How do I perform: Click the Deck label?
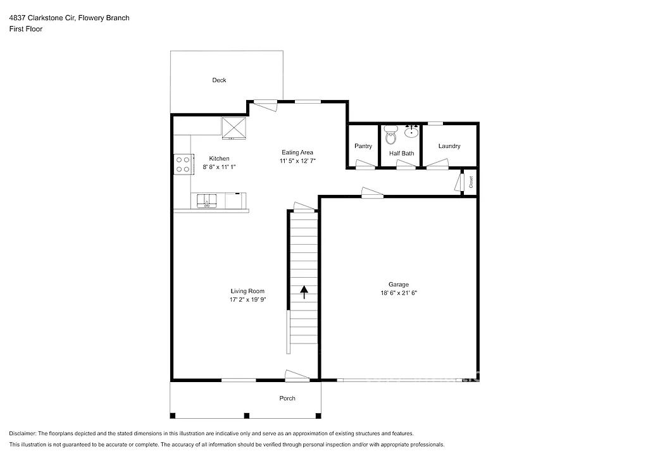[x=219, y=80]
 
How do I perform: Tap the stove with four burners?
[x=183, y=164]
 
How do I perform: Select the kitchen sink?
[x=207, y=202]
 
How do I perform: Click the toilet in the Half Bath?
[x=390, y=133]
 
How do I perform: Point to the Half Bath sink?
[x=411, y=131]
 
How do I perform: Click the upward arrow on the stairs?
[x=304, y=292]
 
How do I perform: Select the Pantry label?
[x=363, y=146]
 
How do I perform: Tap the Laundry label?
[x=449, y=146]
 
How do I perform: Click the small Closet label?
[x=471, y=182]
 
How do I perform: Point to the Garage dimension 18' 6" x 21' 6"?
[x=399, y=293]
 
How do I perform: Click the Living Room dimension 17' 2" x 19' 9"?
[x=247, y=300]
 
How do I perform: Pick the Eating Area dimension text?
[x=297, y=161]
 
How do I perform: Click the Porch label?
[x=287, y=398]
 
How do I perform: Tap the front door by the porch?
[x=297, y=376]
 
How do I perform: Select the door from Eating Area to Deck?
[x=265, y=104]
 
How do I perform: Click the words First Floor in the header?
[x=26, y=29]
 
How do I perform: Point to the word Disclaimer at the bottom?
[x=23, y=433]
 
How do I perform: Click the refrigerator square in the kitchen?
[x=234, y=128]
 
